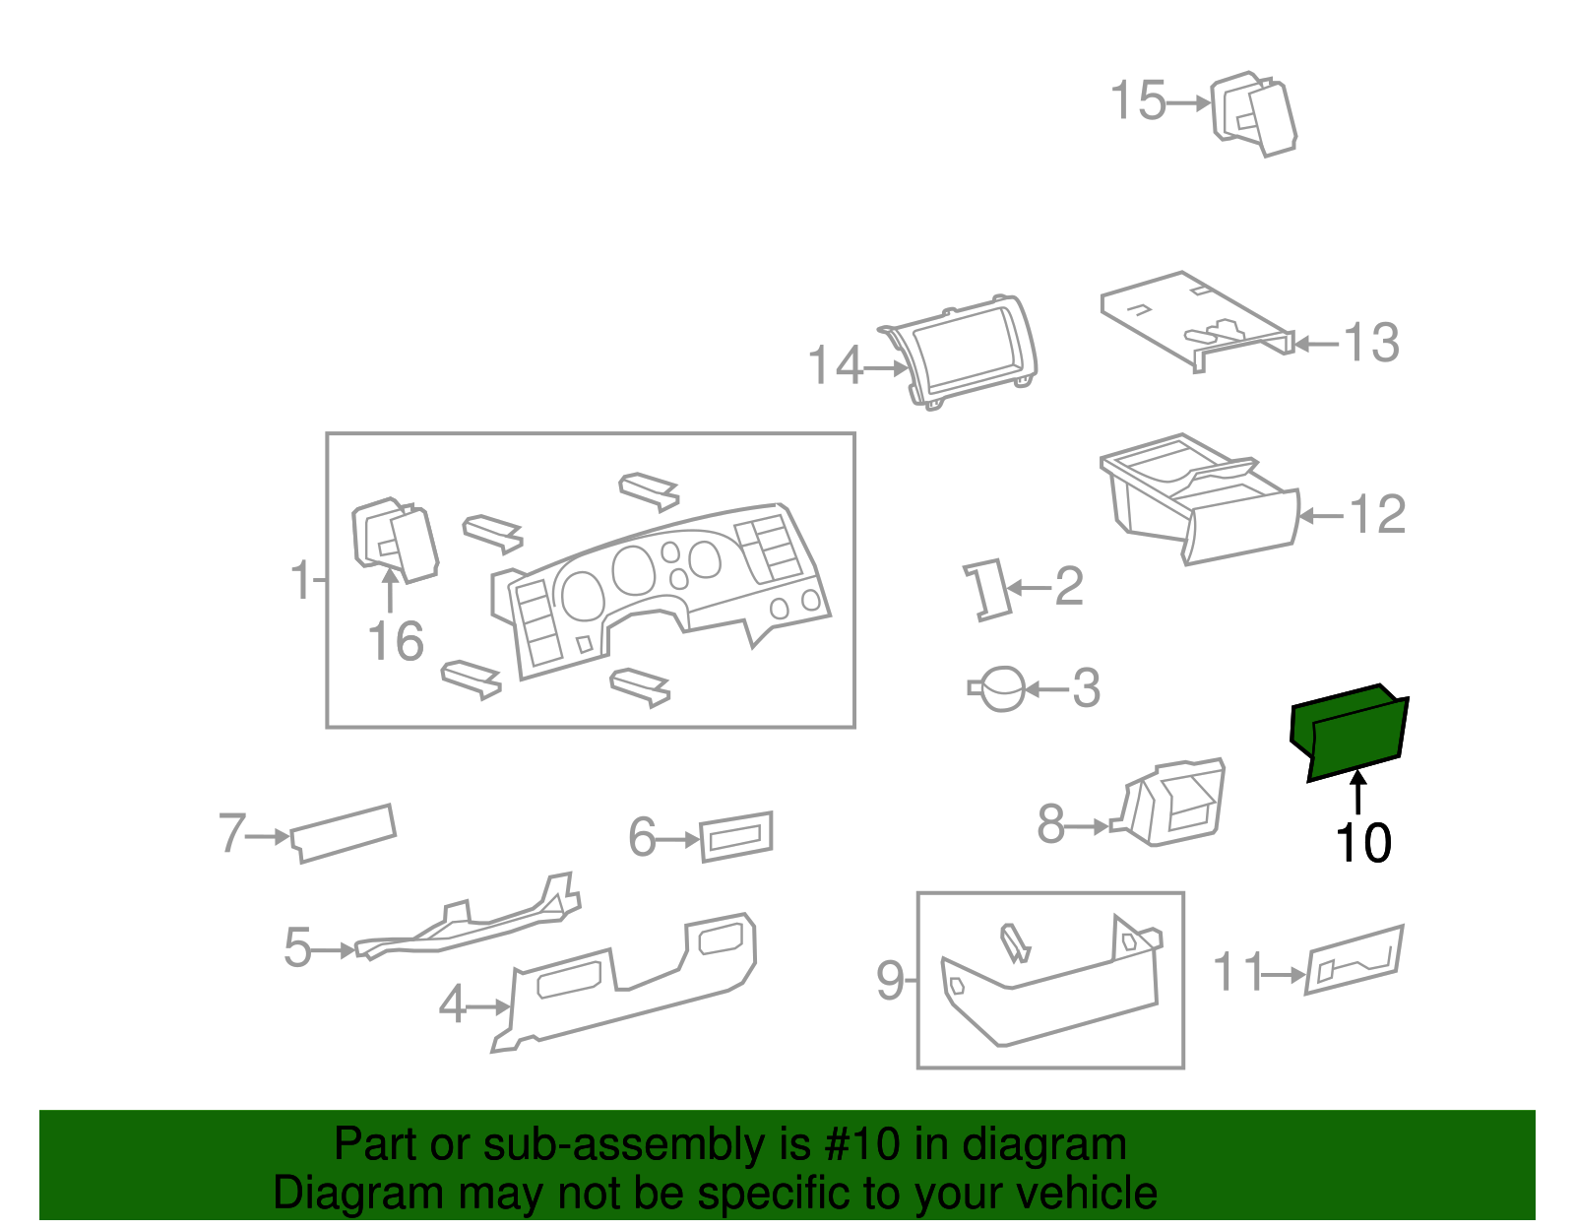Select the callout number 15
(1138, 101)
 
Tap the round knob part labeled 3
(1002, 688)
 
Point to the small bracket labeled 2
(986, 589)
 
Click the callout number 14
(835, 366)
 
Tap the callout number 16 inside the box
(396, 641)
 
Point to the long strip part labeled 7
(344, 832)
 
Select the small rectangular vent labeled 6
(736, 836)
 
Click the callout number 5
(297, 948)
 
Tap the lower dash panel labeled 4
(630, 985)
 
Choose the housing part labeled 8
(1176, 803)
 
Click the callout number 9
(889, 981)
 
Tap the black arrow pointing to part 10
(1358, 793)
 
